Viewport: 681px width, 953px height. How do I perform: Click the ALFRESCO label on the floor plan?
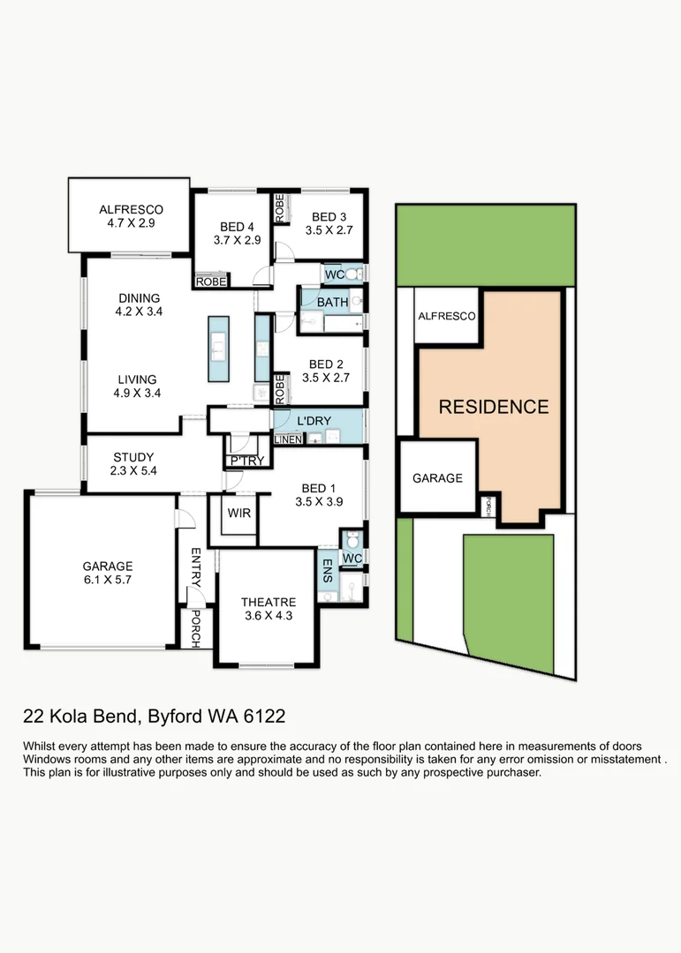click(131, 210)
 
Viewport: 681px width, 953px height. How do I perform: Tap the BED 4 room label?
click(237, 227)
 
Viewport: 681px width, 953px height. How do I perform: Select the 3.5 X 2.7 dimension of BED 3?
click(329, 230)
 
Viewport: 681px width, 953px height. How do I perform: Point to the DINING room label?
click(139, 298)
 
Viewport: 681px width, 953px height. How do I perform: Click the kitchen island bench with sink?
click(218, 349)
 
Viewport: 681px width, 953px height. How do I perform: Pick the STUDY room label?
click(133, 457)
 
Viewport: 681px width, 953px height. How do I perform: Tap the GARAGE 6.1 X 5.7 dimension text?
click(108, 580)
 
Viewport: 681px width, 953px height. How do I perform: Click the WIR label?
click(239, 513)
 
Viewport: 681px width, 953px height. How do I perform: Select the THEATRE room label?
click(269, 603)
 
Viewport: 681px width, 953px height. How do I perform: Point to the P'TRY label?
click(247, 461)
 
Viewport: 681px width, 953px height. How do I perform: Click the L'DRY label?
click(314, 421)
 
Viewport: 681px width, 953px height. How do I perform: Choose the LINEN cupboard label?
click(288, 439)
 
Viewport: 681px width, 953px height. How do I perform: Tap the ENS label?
click(328, 571)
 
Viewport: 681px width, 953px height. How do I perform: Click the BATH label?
click(332, 302)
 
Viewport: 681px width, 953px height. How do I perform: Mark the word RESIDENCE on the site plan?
click(494, 407)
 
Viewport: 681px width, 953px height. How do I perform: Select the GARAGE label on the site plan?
click(437, 478)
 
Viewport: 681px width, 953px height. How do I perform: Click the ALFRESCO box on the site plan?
click(447, 316)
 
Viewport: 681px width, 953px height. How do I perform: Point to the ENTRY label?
click(196, 567)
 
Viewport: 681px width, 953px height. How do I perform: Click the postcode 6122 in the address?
click(264, 716)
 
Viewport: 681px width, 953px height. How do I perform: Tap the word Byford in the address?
click(175, 717)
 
